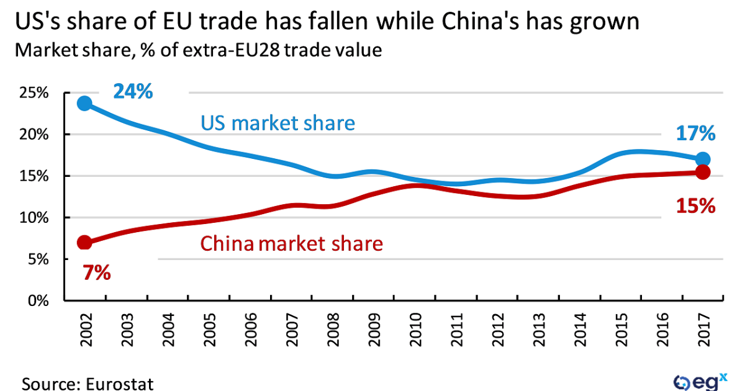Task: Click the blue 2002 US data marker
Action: click(84, 103)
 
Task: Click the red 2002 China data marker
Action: click(84, 243)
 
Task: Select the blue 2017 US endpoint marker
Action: click(703, 159)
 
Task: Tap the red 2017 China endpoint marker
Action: click(703, 173)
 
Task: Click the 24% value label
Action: click(132, 92)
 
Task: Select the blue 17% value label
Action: click(696, 133)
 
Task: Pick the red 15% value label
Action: click(696, 205)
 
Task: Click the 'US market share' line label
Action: click(278, 123)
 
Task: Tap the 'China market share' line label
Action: click(291, 243)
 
